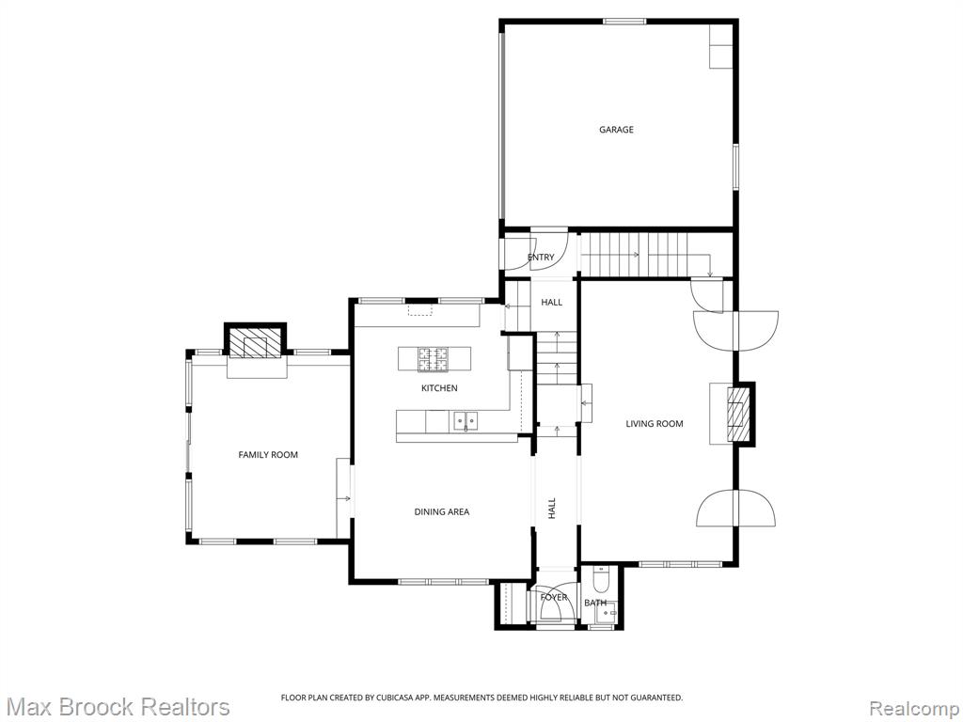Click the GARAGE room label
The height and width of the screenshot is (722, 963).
click(x=616, y=130)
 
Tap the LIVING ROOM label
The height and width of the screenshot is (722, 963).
click(x=655, y=424)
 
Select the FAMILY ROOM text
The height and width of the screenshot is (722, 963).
click(x=268, y=455)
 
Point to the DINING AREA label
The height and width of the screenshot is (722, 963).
click(x=442, y=512)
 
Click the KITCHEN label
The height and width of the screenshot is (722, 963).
click(x=439, y=388)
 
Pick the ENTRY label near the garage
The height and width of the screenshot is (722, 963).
click(x=541, y=258)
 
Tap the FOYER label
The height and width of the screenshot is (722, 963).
click(x=553, y=597)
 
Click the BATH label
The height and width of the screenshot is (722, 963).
click(x=595, y=603)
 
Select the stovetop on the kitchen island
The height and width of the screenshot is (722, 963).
click(x=433, y=359)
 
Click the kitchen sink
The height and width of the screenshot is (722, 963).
click(x=466, y=421)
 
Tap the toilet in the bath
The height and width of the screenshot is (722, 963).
click(x=600, y=576)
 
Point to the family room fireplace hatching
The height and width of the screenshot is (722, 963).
click(x=255, y=345)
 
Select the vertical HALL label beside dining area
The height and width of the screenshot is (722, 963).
click(x=551, y=509)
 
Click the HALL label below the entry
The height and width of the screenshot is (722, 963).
click(x=551, y=302)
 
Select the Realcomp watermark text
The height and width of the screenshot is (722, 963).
click(x=913, y=709)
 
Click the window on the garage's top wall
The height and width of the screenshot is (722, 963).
click(x=624, y=22)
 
